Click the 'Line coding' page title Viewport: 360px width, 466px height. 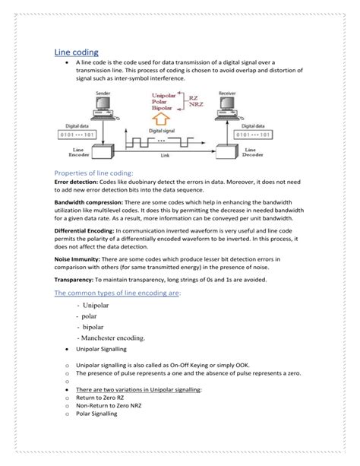[x=76, y=51]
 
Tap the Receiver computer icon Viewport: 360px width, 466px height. [x=226, y=108]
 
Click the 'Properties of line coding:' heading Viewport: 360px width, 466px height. [x=93, y=173]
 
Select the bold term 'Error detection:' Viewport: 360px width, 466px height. [x=77, y=183]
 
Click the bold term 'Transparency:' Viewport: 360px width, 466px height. [x=76, y=281]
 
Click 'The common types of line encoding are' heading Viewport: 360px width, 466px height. [x=116, y=293]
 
